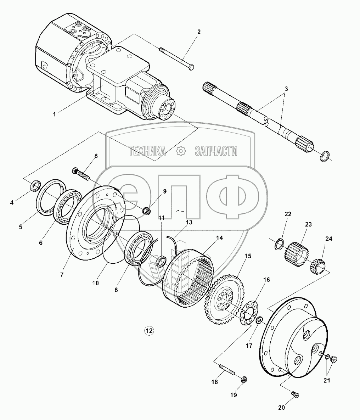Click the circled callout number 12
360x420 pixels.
pyautogui.click(x=149, y=331)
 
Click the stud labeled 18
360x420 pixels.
pyautogui.click(x=226, y=369)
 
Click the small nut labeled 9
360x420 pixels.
pyautogui.click(x=147, y=211)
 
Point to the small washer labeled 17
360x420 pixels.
pyautogui.click(x=259, y=321)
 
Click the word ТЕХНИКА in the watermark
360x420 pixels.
pyautogui.click(x=147, y=151)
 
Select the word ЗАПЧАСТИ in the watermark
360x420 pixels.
pyautogui.click(x=216, y=151)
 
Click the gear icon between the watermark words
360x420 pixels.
pyautogui.click(x=181, y=151)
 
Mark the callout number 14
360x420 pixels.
pyautogui.click(x=219, y=238)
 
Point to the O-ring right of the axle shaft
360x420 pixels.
pyautogui.click(x=325, y=156)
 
